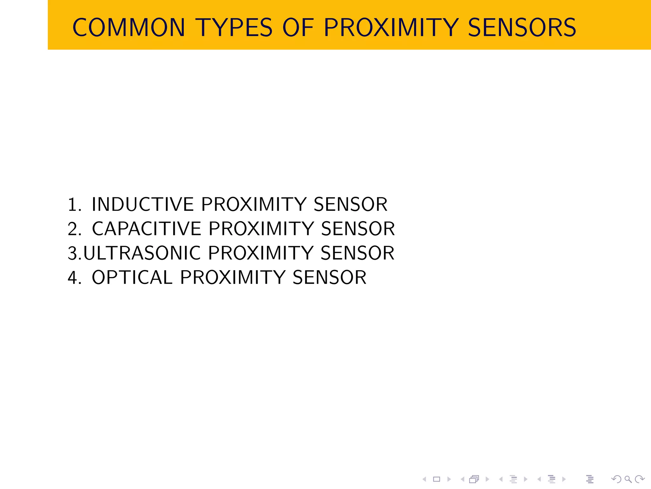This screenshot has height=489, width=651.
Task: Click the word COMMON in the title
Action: [129, 28]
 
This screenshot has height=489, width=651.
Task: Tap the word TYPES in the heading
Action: [234, 28]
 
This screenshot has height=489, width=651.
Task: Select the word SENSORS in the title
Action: [522, 28]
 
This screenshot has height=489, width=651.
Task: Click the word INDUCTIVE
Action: [143, 204]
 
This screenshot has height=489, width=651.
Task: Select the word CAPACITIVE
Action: [147, 229]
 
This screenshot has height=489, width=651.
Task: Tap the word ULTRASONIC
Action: [142, 253]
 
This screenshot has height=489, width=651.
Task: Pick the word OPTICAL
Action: [132, 278]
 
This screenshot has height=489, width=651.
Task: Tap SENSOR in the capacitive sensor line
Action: [358, 229]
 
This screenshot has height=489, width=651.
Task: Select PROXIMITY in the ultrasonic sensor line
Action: [261, 253]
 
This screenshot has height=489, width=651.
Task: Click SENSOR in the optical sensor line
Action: [329, 278]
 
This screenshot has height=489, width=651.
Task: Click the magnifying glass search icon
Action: [628, 479]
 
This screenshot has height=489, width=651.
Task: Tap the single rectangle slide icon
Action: [437, 479]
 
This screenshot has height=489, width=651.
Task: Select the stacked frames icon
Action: [474, 479]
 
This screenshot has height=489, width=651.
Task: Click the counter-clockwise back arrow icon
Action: [616, 479]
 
